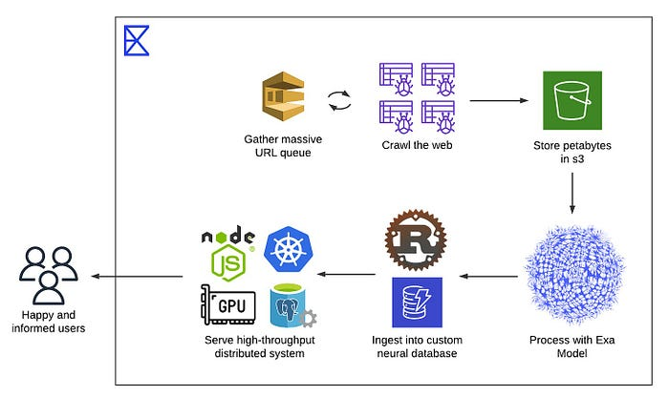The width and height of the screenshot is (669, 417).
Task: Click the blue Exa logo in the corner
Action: point(137,40)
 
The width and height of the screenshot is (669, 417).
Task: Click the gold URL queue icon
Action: point(283,96)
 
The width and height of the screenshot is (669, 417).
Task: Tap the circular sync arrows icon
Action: point(339,101)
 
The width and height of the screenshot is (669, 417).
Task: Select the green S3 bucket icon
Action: point(572,100)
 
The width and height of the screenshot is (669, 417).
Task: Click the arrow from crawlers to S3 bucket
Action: point(499,100)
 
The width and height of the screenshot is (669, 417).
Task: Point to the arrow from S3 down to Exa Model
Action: point(572,193)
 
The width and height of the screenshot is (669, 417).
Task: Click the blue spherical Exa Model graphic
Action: point(574,275)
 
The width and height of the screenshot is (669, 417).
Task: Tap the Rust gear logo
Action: point(416,240)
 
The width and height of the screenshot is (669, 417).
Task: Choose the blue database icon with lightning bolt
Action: point(417,302)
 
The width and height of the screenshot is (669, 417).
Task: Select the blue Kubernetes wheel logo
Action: point(289,250)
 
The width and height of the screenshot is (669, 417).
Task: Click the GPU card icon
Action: point(228,305)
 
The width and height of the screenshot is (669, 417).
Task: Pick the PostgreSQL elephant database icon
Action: point(292,305)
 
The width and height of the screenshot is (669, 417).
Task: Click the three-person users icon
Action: point(48,275)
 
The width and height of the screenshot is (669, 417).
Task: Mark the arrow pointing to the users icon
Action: point(137,277)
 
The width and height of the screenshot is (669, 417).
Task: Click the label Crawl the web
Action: point(417,145)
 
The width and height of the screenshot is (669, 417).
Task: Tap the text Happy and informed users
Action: point(48,322)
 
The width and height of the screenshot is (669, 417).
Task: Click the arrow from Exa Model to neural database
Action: point(488,277)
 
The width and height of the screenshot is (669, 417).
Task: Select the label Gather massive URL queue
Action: point(283,146)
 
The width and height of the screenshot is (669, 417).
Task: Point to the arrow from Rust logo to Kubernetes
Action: point(346,274)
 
